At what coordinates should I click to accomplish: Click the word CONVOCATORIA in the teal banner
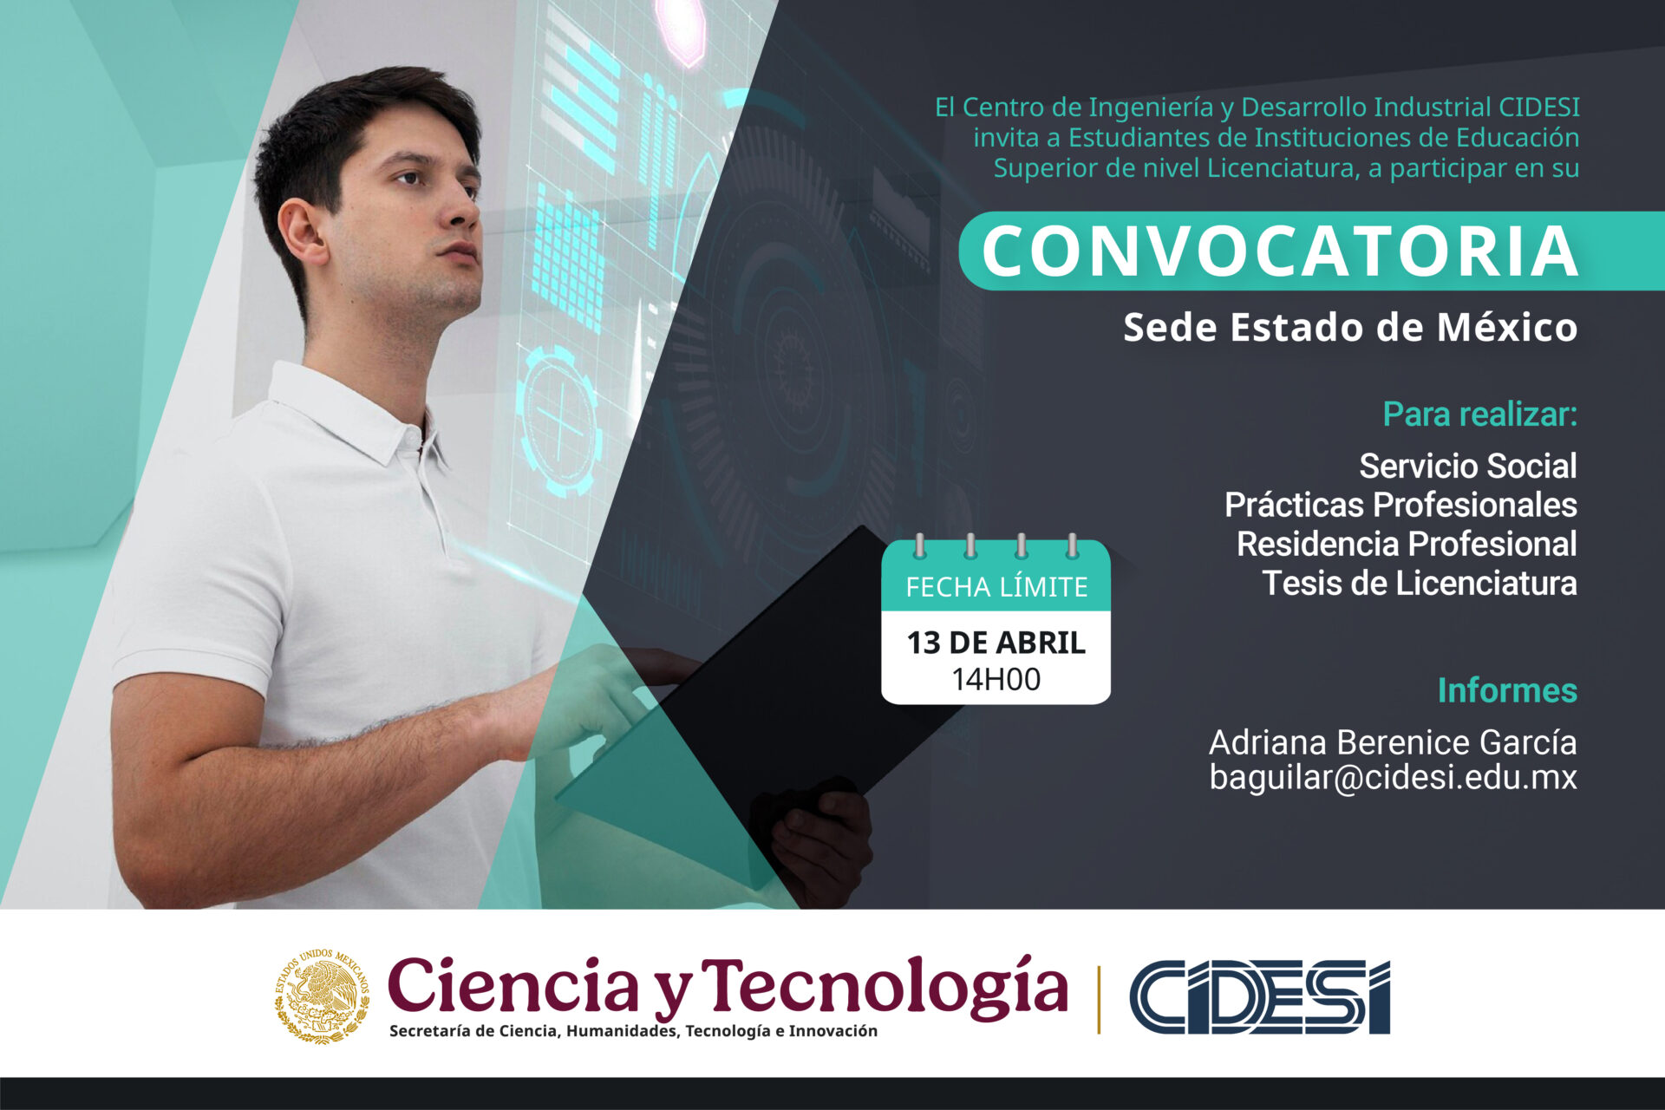1279,251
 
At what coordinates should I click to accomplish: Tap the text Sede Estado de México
1349,328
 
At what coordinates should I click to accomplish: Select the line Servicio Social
1467,467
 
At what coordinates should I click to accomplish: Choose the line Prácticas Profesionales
1400,505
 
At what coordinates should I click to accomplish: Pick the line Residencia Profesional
1406,544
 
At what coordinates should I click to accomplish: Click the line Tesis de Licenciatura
1419,583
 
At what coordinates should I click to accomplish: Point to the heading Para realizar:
1479,415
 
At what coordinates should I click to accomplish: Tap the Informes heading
1507,690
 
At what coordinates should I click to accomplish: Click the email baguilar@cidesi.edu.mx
1393,777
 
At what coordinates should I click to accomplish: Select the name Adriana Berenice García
1393,742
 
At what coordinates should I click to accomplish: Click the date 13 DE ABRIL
996,643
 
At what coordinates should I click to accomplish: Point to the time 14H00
996,679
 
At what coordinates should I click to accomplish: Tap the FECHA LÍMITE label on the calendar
996,587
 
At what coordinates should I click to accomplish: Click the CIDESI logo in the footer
1259,997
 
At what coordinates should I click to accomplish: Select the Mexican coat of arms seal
322,996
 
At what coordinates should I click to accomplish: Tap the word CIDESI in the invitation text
1538,108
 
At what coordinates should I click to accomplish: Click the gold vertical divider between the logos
1099,999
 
